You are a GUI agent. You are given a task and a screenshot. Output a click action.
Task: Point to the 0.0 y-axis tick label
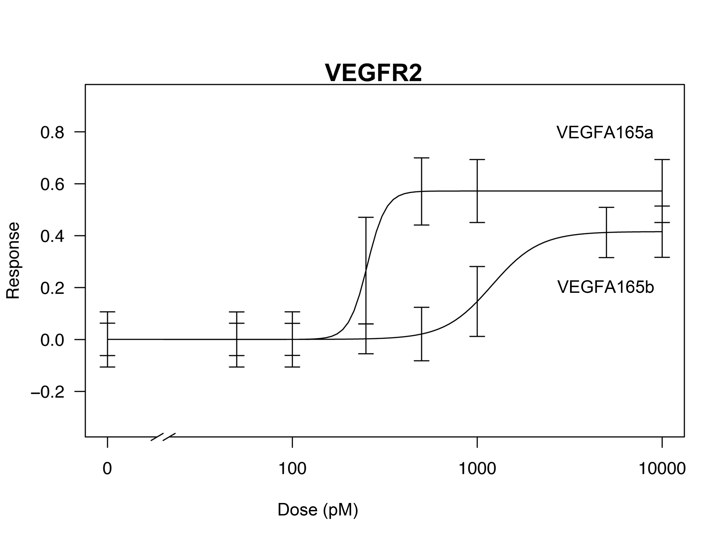(x=52, y=340)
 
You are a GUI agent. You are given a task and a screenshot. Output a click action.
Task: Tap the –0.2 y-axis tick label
(x=48, y=392)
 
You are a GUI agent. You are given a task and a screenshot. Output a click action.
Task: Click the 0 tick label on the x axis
(x=107, y=469)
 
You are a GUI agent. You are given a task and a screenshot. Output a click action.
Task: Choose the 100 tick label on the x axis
(x=292, y=469)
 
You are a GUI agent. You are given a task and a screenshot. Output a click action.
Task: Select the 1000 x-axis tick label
(x=477, y=469)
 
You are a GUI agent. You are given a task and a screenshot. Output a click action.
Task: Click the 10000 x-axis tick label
(x=662, y=469)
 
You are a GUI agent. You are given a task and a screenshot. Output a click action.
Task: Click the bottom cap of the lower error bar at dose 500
(x=421, y=361)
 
